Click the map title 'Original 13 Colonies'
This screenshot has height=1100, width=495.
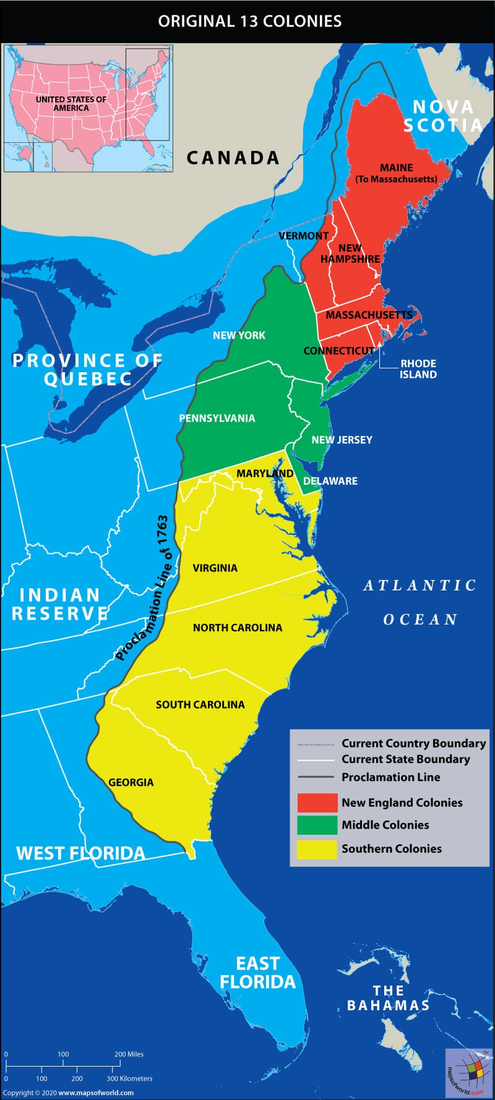point(249,21)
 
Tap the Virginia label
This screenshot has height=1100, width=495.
point(215,568)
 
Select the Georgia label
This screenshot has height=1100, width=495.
point(131,782)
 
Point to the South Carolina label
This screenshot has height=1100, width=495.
point(200,704)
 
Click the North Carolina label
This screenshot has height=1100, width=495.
point(237,628)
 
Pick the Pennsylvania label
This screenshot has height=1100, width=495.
point(217,418)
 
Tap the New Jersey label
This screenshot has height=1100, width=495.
point(342,440)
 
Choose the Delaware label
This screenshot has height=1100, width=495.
point(330,481)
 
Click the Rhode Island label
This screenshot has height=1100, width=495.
point(418,369)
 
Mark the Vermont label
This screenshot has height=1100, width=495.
point(303,236)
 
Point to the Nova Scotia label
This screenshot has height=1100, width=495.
point(443,116)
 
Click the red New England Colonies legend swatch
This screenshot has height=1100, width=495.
point(317,803)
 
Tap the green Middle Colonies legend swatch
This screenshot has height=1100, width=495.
point(317,825)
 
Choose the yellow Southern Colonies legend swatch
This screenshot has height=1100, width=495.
point(317,849)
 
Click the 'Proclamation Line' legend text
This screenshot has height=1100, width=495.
point(391,777)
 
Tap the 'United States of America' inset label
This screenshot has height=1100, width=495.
point(71,103)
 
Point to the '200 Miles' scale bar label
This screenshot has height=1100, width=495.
point(129,1054)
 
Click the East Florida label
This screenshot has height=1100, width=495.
point(257,973)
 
